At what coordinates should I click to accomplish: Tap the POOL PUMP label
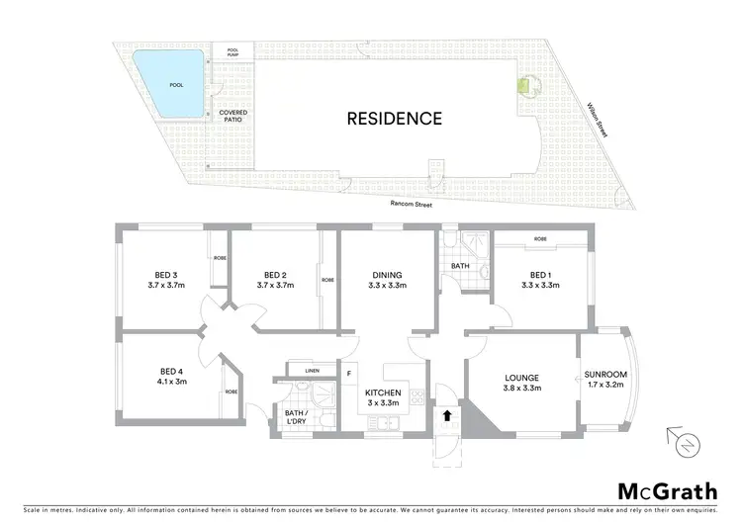pyautogui.click(x=233, y=52)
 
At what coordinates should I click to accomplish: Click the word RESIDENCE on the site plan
pyautogui.click(x=394, y=119)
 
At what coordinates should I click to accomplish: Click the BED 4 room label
pyautogui.click(x=166, y=376)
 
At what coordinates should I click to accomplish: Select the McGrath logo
pyautogui.click(x=655, y=491)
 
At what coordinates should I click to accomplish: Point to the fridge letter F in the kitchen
pyautogui.click(x=349, y=373)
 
